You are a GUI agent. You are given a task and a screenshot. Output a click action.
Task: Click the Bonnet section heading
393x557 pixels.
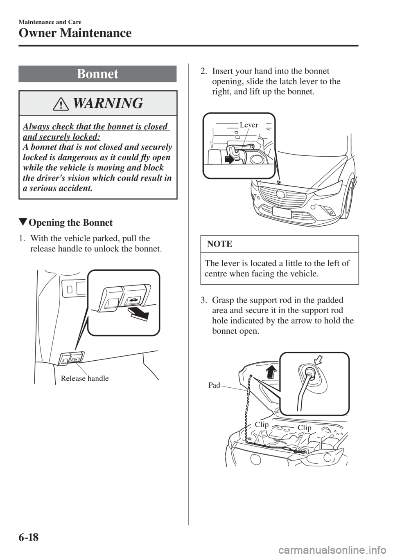(97, 74)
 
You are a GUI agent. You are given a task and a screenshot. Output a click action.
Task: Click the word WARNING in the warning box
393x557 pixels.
(108, 103)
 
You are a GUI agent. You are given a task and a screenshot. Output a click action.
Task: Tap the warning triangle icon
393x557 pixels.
(62, 104)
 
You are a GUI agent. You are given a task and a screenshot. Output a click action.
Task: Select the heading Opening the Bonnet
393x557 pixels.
(71, 222)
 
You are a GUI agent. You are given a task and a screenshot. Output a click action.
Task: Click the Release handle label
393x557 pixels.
(85, 378)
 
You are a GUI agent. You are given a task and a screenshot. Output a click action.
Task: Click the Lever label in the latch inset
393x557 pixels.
(249, 125)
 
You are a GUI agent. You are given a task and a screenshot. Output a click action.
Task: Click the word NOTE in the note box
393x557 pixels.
(219, 244)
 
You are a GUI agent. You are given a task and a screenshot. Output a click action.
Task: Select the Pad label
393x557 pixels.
(214, 385)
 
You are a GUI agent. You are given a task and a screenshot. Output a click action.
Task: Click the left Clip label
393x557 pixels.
(262, 425)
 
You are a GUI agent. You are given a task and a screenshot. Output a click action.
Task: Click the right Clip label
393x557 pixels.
(305, 428)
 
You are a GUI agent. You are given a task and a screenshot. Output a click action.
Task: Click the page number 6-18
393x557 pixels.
(29, 537)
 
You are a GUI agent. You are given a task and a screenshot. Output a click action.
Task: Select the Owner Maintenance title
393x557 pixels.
(75, 33)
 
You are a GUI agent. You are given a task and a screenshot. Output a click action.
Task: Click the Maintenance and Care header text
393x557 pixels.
(50, 22)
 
